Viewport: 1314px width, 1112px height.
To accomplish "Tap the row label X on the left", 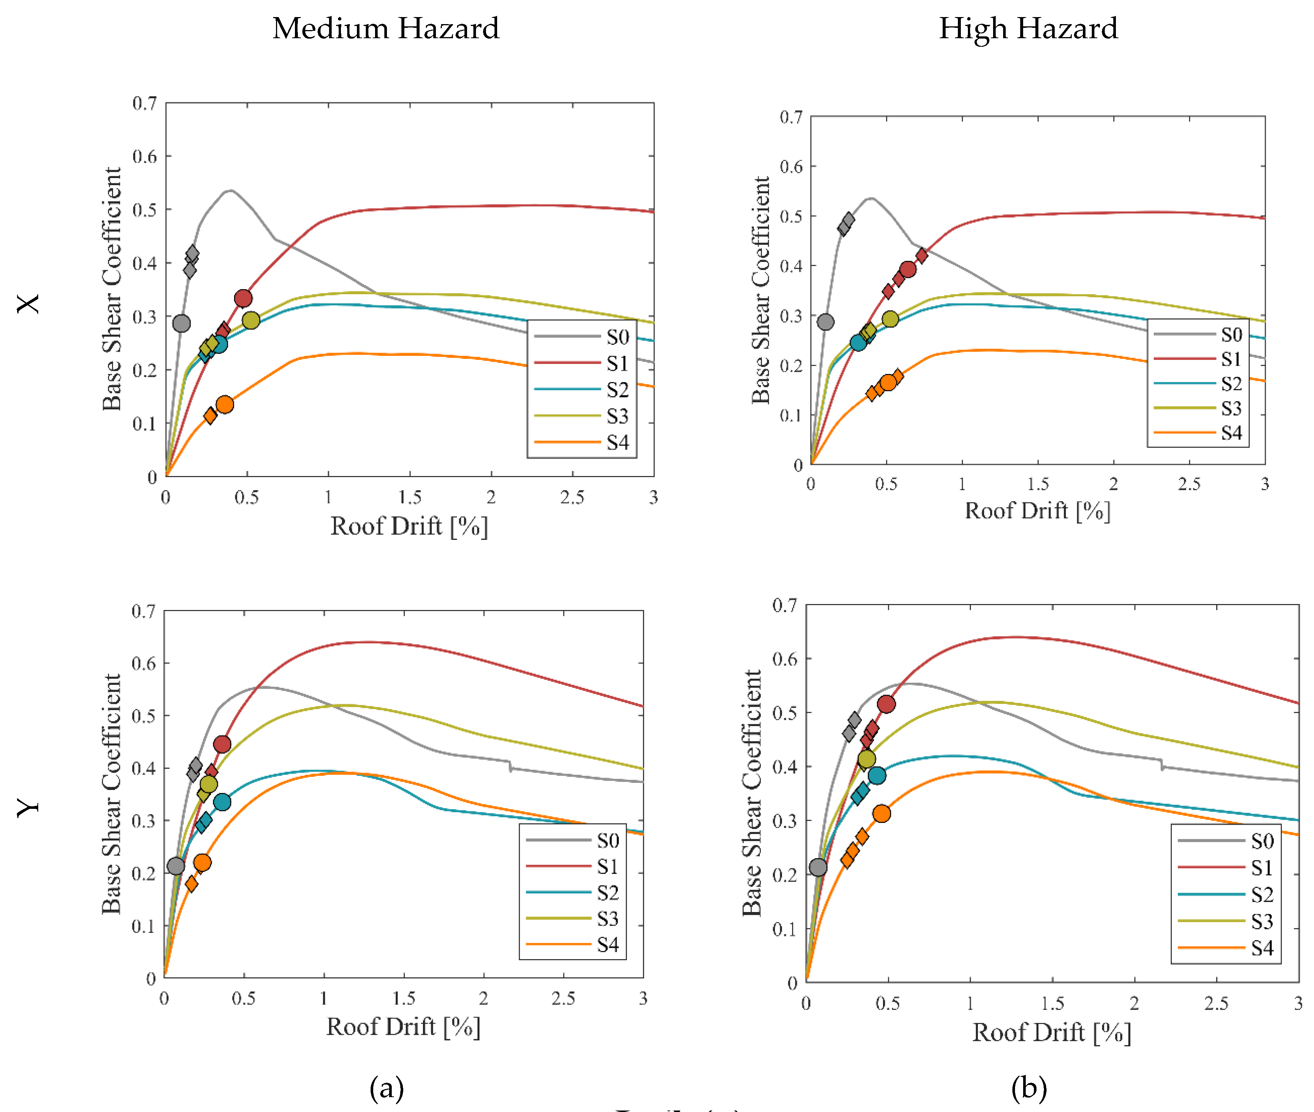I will tap(28, 304).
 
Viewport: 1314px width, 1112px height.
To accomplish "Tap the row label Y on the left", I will tap(28, 807).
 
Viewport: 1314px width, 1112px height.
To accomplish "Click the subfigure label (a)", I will tap(386, 1088).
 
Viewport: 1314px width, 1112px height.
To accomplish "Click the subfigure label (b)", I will tap(1028, 1088).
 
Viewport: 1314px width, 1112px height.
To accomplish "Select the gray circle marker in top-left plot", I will tap(181, 324).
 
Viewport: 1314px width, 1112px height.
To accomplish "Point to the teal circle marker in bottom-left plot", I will tap(222, 802).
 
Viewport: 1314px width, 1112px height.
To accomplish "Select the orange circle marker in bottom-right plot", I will tap(882, 813).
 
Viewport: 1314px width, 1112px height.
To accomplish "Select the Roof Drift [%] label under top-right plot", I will tap(1037, 511).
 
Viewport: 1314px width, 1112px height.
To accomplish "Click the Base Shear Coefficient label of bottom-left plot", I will tap(112, 794).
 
